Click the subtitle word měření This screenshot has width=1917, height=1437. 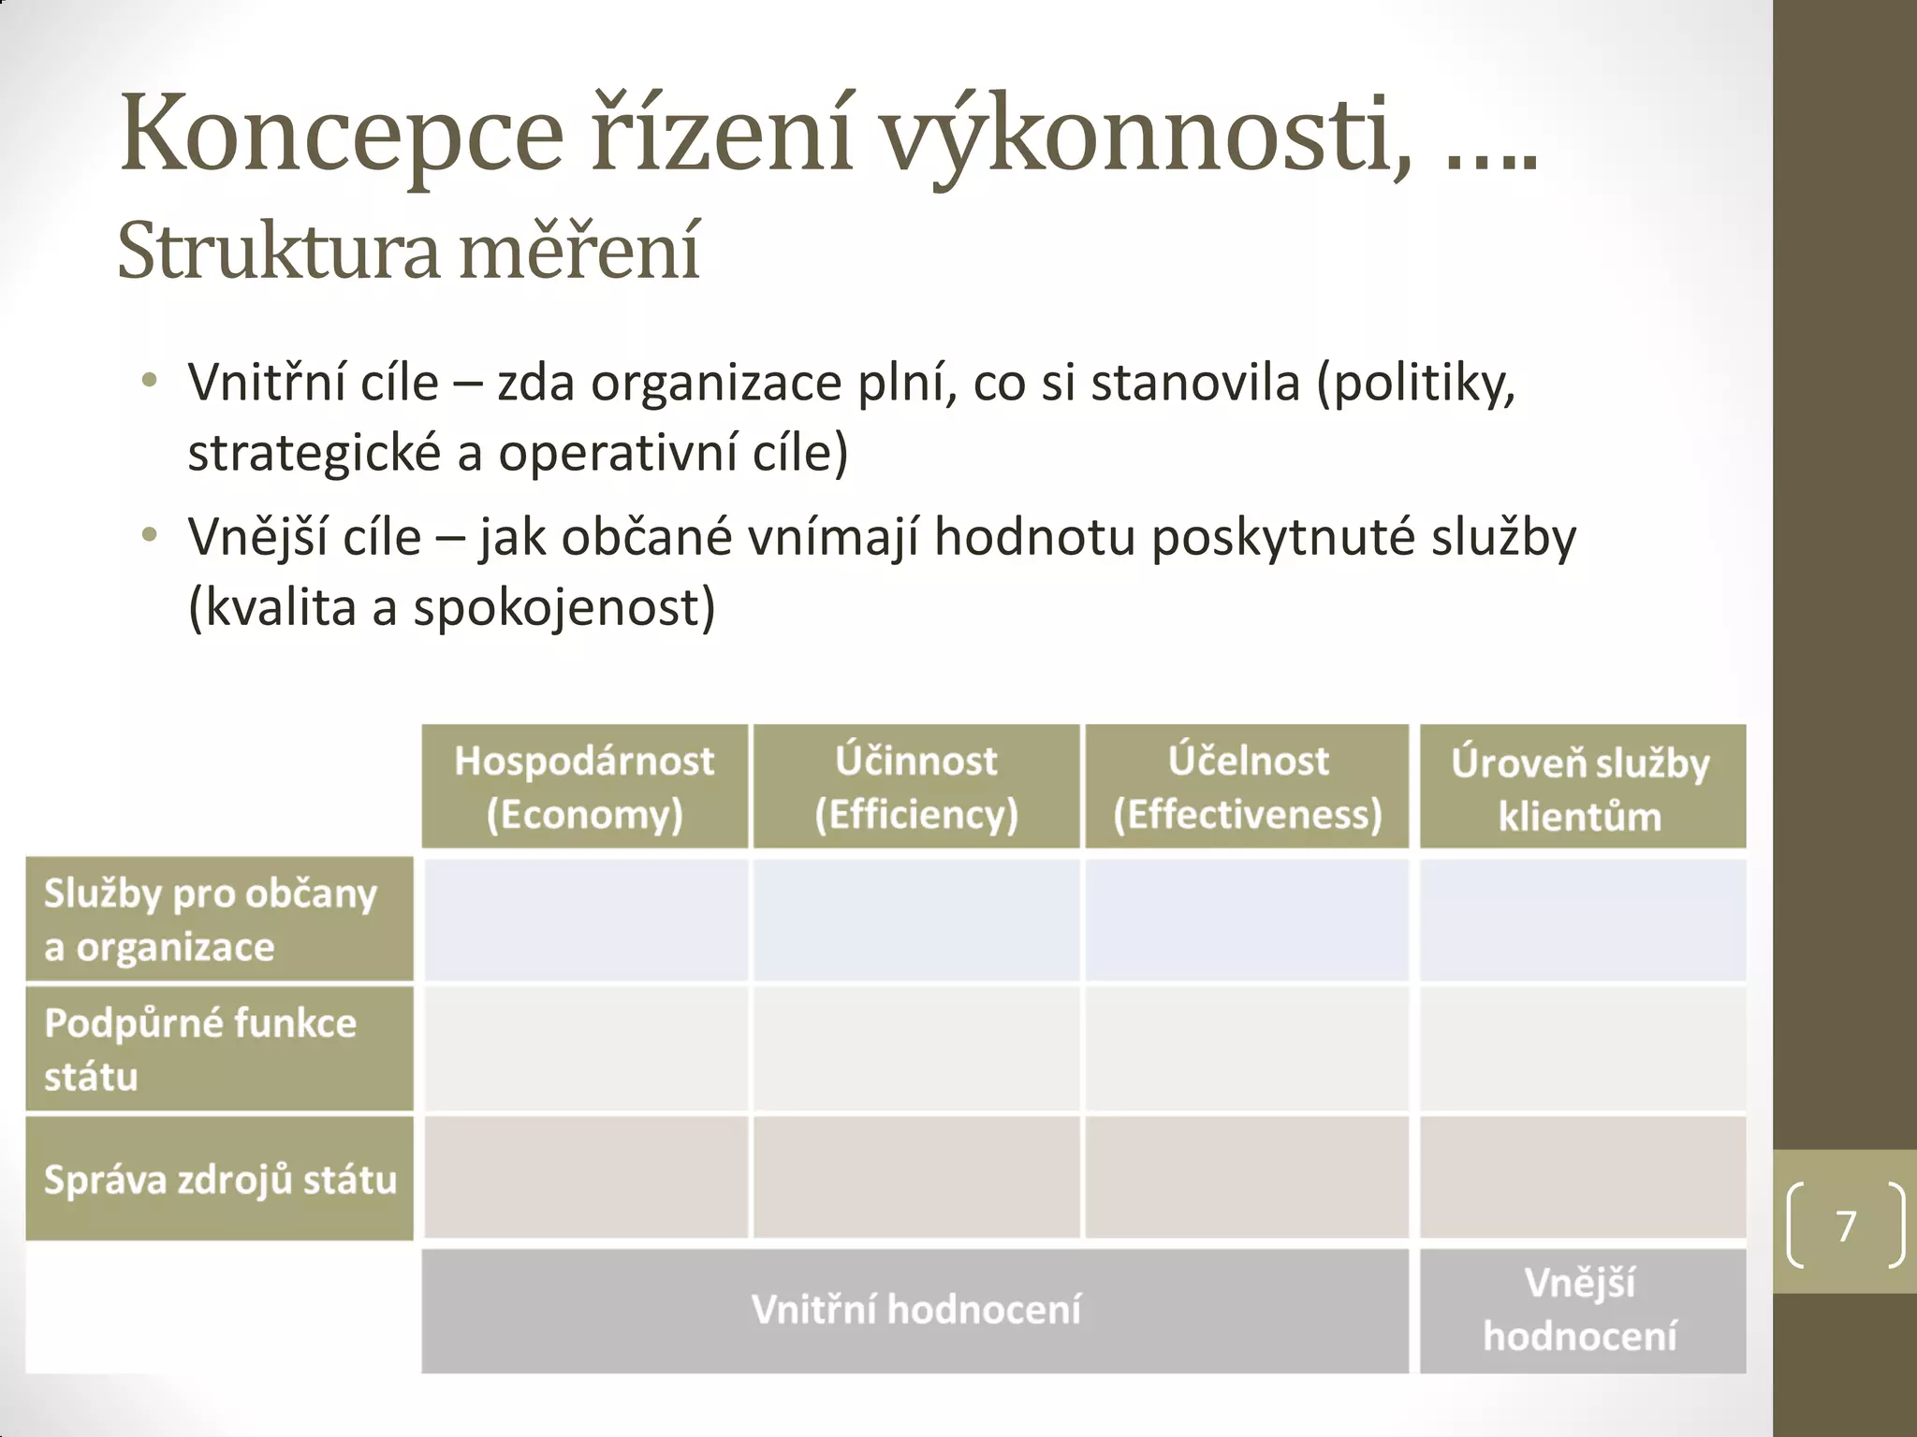click(x=580, y=251)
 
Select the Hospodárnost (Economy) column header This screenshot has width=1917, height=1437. click(x=585, y=787)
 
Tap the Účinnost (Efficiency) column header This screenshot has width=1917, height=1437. click(x=916, y=787)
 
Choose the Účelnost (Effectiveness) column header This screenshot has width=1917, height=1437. click(x=1247, y=787)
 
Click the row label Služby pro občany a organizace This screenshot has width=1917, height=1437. click(x=219, y=920)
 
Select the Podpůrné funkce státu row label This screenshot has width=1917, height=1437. click(x=219, y=1049)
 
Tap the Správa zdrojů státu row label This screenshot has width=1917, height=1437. click(x=219, y=1179)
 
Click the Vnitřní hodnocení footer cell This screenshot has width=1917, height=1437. click(x=915, y=1310)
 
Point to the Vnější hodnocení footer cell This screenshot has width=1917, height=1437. click(x=1582, y=1310)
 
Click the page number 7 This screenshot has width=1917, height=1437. click(x=1846, y=1226)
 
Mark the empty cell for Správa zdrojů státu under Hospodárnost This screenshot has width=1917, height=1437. click(x=585, y=1178)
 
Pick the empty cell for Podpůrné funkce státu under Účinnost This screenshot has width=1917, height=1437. click(x=916, y=1049)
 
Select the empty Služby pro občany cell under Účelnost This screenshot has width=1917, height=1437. click(x=1247, y=920)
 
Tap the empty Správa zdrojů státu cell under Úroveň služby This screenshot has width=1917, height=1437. click(x=1582, y=1178)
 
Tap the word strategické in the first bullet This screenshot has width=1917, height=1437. click(x=315, y=455)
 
